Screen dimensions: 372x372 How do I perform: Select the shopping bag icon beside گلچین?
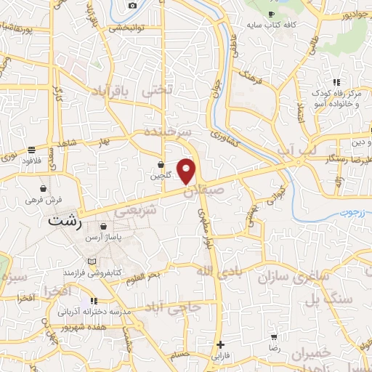tap(161, 164)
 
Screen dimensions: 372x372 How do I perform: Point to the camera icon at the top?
tap(132, 6)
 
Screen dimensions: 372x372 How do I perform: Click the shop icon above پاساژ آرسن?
tap(104, 227)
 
